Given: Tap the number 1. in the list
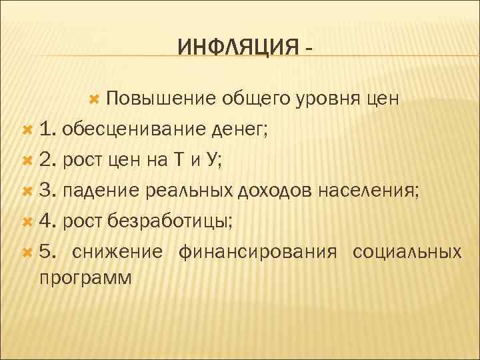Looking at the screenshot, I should click(x=49, y=129).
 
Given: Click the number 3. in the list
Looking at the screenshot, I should click(x=49, y=191).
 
